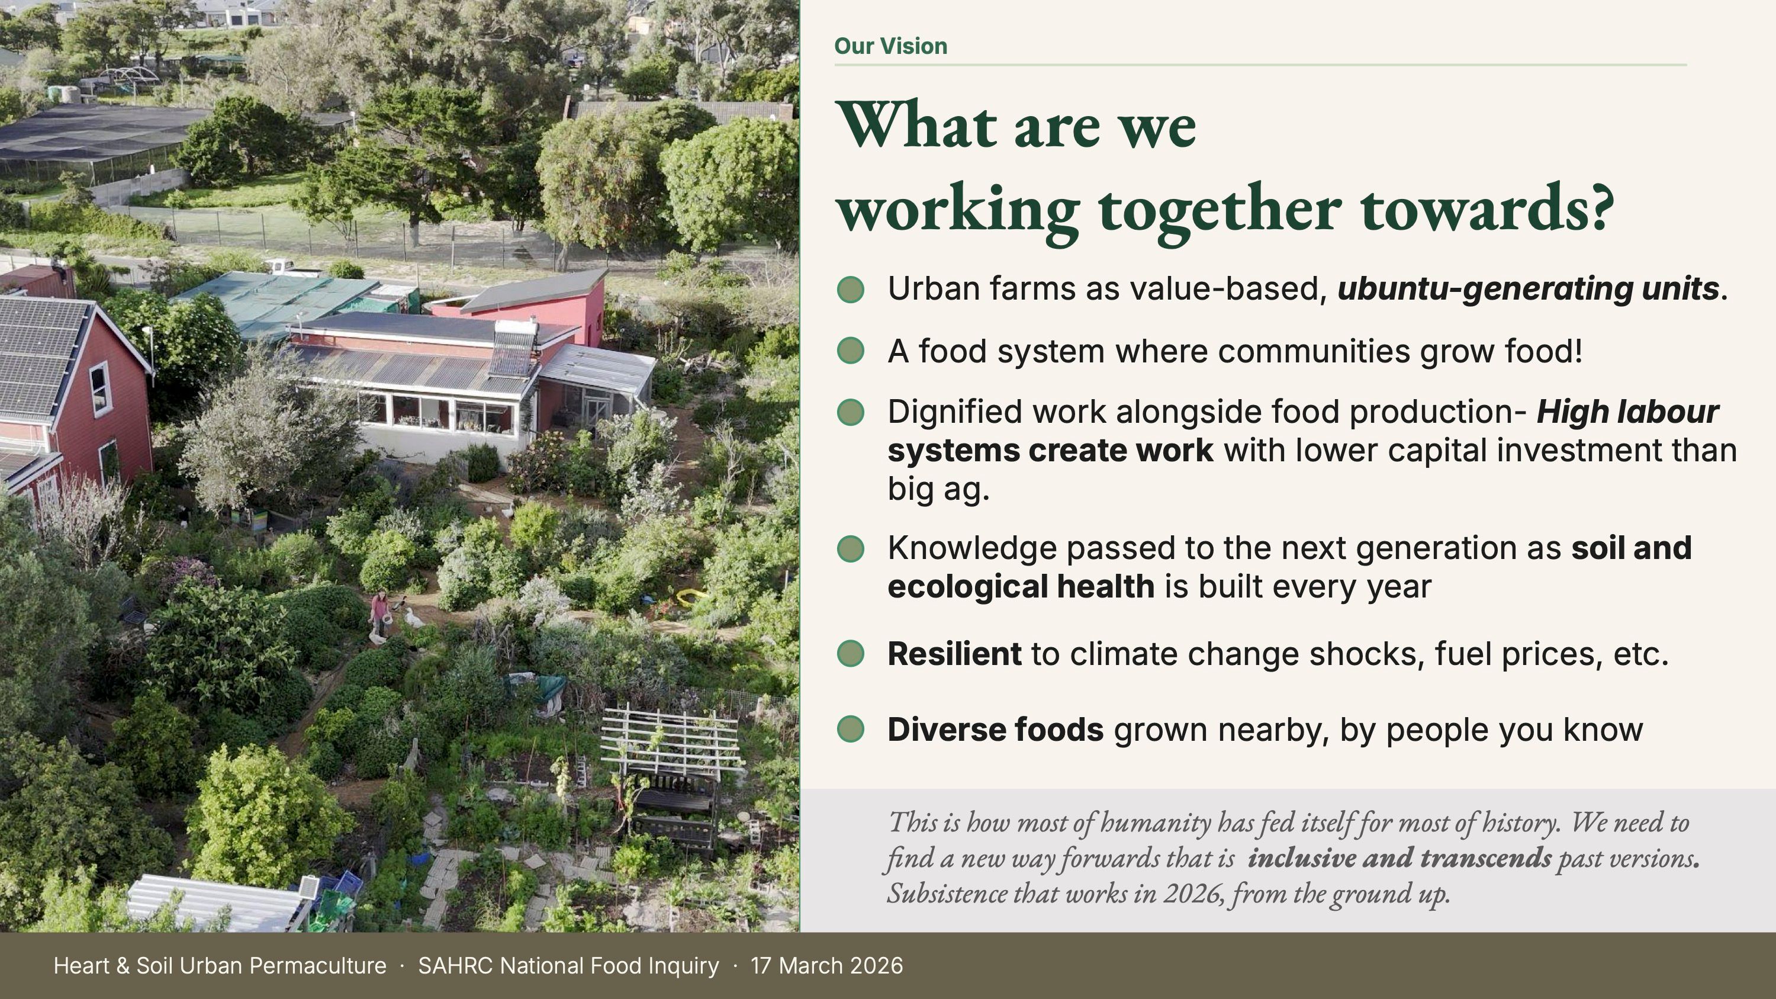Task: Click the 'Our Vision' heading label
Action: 891,46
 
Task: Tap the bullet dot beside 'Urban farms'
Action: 850,290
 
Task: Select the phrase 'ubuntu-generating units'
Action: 1528,289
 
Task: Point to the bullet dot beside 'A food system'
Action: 850,351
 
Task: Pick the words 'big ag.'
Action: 938,489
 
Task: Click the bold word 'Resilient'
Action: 954,654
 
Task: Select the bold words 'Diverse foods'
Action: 996,730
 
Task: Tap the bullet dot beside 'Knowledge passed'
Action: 850,550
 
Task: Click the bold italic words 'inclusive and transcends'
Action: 1399,857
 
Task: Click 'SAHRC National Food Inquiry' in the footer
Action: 569,966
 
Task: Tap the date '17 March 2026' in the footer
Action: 826,966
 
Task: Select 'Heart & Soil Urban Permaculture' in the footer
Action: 220,966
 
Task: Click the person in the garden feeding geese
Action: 380,613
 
